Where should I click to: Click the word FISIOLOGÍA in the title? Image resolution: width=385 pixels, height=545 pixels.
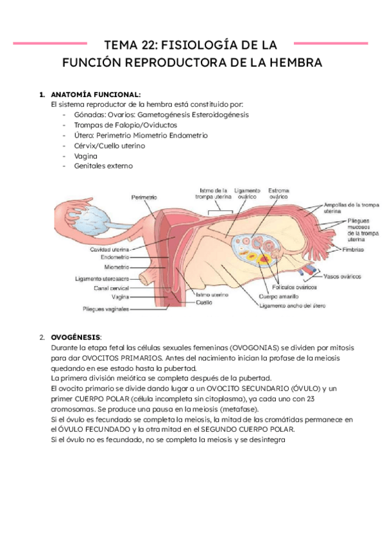click(x=191, y=46)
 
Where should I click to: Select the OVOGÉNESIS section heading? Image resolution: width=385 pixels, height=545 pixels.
click(x=76, y=337)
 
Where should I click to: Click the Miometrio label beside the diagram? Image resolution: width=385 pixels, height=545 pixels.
click(x=117, y=266)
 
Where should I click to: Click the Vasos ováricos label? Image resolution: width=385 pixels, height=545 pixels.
click(x=342, y=276)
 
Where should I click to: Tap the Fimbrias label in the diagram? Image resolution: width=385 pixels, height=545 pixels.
click(x=354, y=249)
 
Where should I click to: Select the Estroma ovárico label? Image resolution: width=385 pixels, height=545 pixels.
click(x=278, y=194)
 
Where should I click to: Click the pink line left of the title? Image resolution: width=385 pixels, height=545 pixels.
click(x=51, y=44)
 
